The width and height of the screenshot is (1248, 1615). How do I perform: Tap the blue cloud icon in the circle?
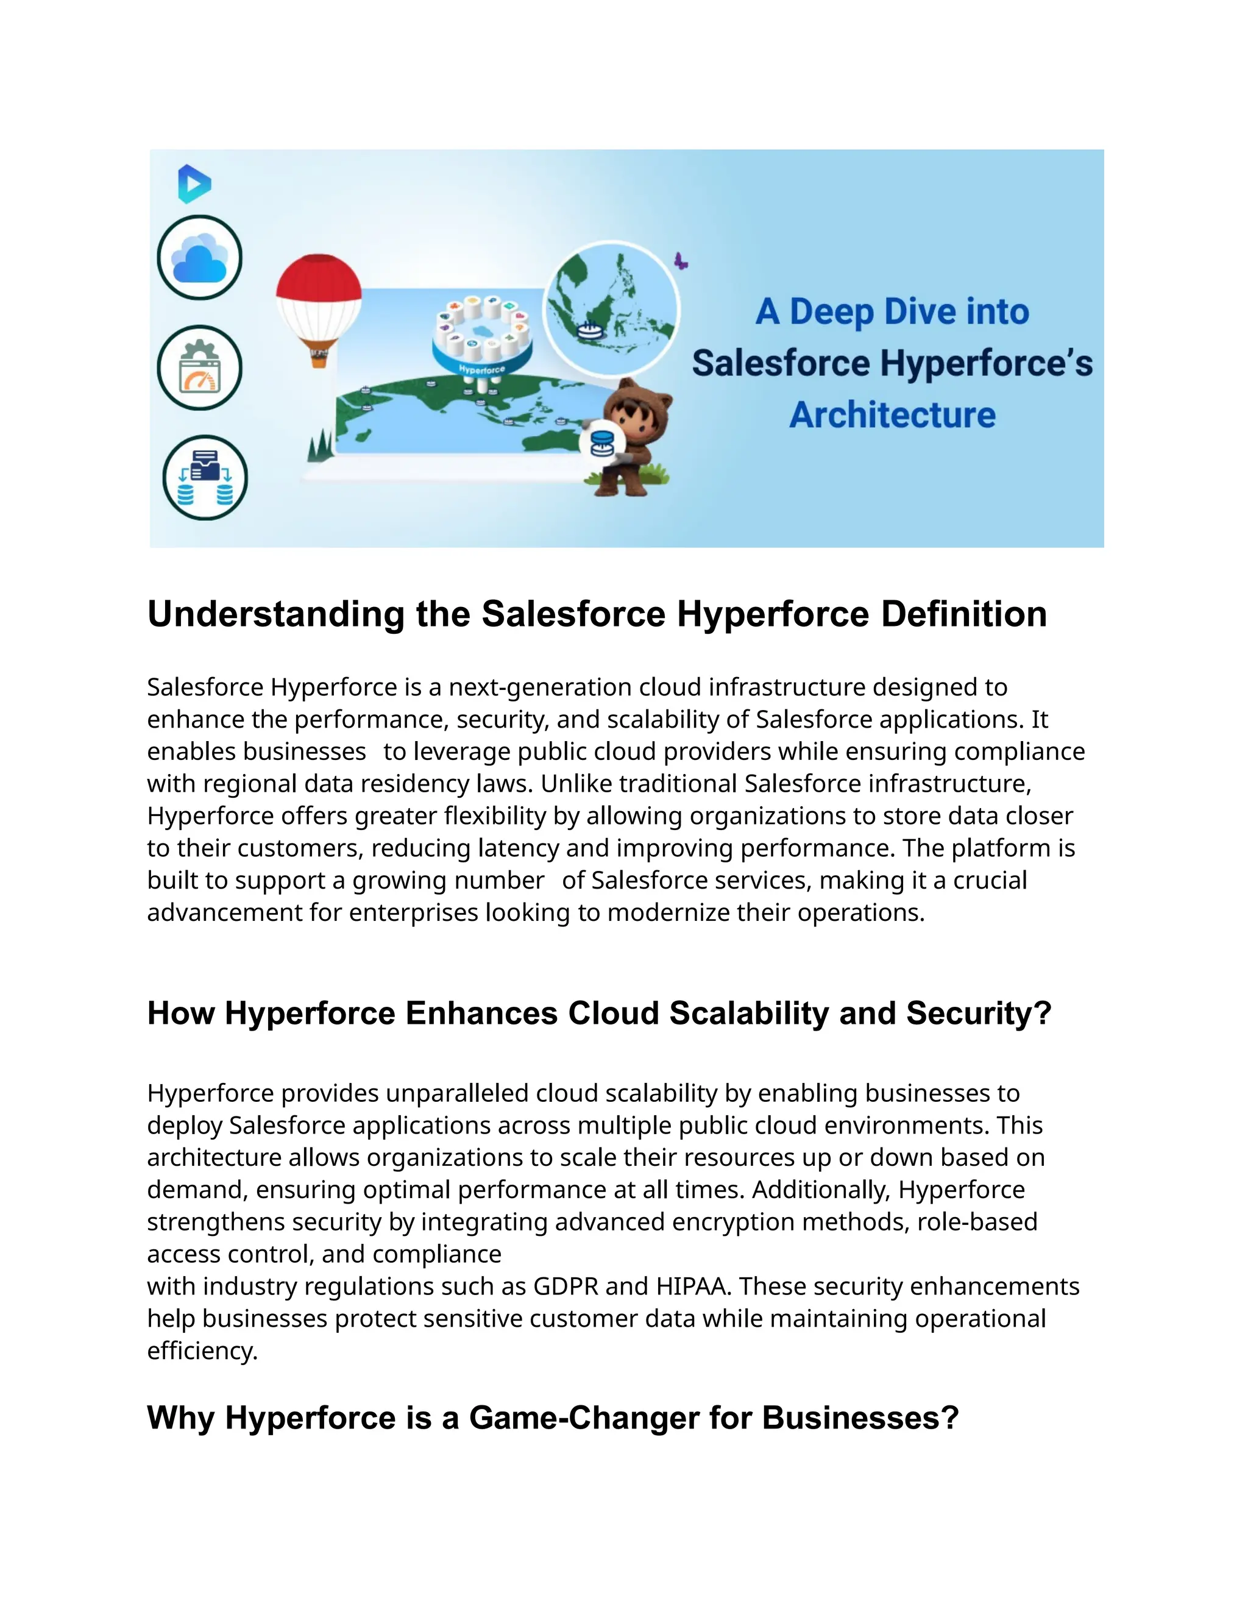click(200, 258)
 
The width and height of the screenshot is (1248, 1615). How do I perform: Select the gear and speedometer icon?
click(200, 367)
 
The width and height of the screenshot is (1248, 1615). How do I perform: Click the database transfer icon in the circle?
click(205, 478)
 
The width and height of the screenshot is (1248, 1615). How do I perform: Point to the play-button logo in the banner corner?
click(194, 183)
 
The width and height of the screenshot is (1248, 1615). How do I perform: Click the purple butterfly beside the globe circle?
click(681, 261)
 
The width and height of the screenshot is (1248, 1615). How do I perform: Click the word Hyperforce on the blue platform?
click(482, 368)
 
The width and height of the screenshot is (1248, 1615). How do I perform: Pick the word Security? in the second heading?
click(979, 1013)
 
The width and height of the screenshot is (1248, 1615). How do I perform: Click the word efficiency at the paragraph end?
click(201, 1351)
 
